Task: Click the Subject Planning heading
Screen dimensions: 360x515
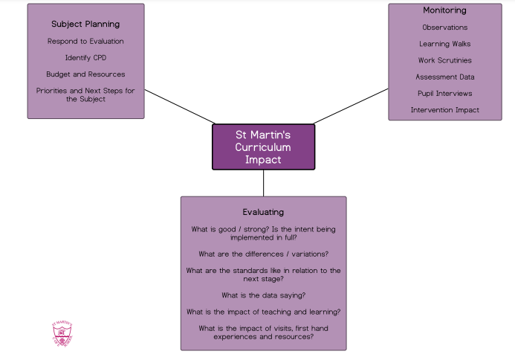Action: pos(85,24)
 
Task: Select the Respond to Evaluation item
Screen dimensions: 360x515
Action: pos(85,41)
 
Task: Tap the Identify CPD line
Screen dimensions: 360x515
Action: pos(85,57)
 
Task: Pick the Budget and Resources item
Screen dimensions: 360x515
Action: pos(85,74)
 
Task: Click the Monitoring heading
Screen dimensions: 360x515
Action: pos(444,10)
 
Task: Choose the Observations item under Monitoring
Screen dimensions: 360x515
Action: pos(444,28)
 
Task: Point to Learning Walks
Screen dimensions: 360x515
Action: pos(444,44)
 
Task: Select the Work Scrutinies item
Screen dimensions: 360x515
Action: pos(444,60)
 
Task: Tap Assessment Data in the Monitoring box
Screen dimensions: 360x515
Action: pos(444,77)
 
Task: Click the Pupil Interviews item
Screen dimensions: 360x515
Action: pos(444,93)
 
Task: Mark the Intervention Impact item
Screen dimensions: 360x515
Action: pos(444,110)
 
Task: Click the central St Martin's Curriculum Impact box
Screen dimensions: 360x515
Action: pos(263,147)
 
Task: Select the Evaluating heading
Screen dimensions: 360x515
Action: pos(263,212)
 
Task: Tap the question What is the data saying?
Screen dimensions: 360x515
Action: pos(263,295)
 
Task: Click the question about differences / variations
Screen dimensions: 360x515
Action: pos(263,254)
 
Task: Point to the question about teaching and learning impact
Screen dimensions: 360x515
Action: pos(263,312)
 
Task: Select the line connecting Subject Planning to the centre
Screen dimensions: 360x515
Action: pos(179,106)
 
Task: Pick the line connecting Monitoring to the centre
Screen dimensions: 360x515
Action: pos(351,106)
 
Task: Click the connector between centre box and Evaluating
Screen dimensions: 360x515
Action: pos(263,183)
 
